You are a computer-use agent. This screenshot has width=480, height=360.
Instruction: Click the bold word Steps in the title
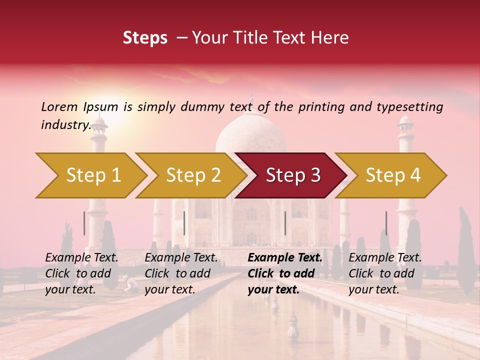pos(145,38)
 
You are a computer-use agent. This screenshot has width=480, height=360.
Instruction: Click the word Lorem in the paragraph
pos(59,107)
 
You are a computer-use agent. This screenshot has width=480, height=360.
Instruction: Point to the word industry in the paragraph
pos(65,125)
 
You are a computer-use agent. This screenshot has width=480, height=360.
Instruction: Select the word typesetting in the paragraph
pos(409,107)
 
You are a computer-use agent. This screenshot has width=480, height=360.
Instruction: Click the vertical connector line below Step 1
pos(84,223)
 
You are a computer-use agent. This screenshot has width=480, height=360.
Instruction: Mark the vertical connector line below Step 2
pos(184,223)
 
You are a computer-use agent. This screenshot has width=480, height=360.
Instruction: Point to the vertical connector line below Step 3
pos(285,223)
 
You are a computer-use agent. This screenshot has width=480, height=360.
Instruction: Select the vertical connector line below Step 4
pos(386,223)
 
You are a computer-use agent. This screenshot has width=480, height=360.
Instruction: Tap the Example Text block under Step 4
pos(385,273)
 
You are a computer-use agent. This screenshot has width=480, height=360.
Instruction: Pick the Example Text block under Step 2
pos(181,273)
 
